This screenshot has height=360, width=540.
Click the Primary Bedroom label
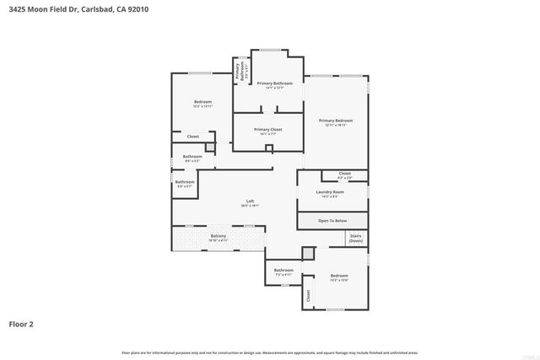335,121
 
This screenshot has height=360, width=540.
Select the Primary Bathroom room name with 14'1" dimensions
275,83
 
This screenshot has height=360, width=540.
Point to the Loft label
250,201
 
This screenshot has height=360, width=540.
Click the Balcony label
219,236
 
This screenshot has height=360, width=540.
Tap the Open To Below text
332,221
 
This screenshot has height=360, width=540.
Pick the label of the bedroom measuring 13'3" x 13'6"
339,277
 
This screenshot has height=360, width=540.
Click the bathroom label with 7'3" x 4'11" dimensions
283,270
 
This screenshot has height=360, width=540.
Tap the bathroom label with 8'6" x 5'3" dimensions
192,156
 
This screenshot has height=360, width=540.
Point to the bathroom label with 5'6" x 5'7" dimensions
185,182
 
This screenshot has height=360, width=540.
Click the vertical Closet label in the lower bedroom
309,295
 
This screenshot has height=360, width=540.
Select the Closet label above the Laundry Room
344,174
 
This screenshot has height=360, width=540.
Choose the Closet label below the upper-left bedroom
192,136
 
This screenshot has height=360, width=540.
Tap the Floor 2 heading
21,323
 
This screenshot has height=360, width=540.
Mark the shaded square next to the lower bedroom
308,253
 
